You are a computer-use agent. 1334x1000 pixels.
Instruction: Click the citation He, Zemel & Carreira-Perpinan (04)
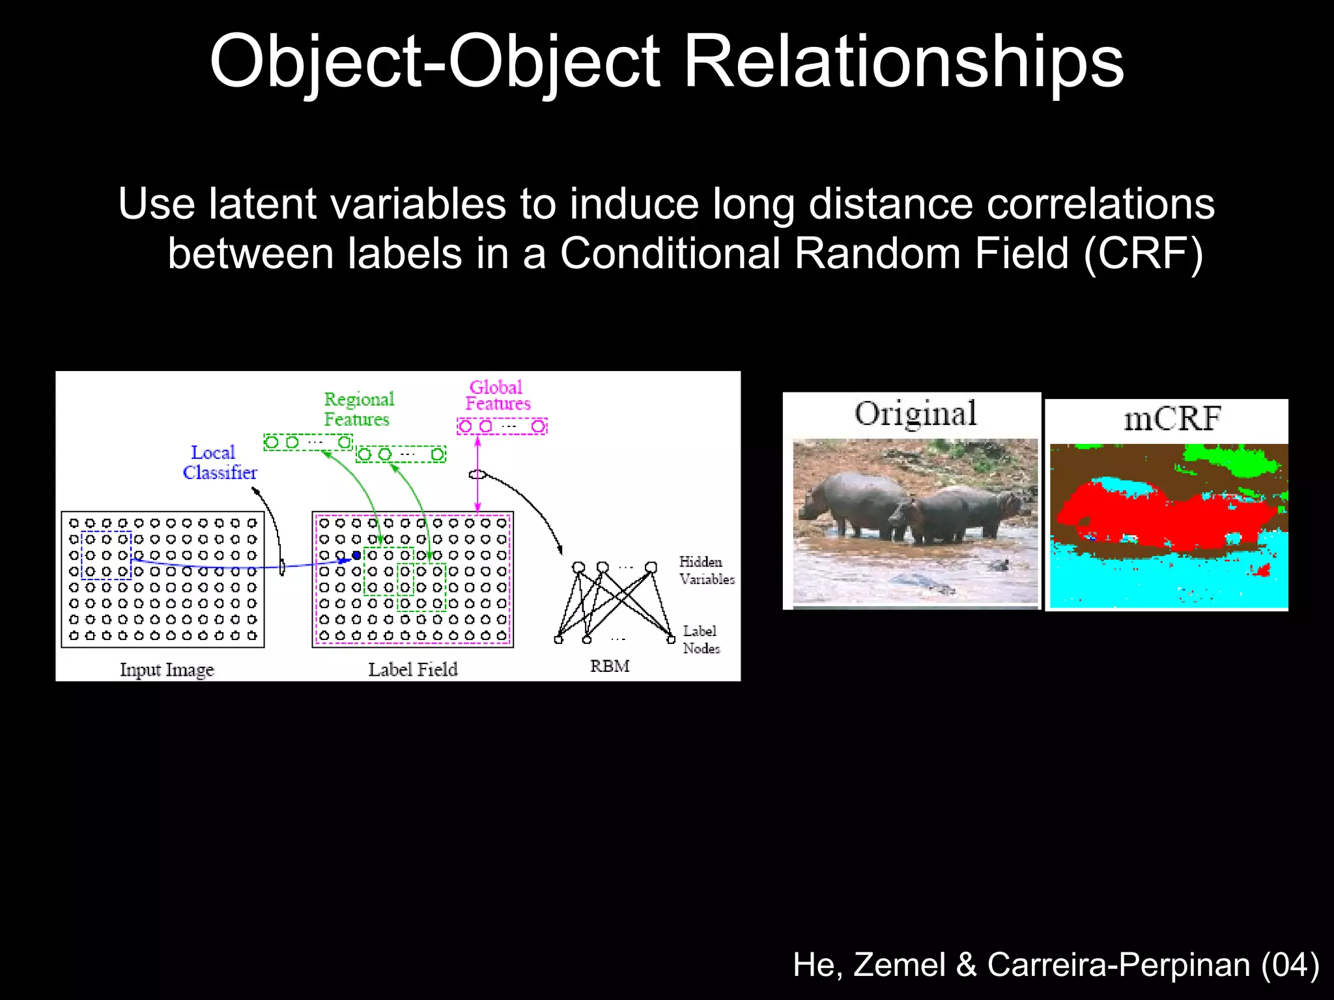(1056, 964)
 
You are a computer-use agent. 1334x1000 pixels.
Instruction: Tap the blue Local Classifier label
(219, 462)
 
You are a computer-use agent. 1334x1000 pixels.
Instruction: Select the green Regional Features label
(358, 409)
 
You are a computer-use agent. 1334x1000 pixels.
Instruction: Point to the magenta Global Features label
(498, 395)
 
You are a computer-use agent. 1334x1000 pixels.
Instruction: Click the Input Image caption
(167, 669)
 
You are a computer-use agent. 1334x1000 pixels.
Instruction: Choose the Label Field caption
(412, 669)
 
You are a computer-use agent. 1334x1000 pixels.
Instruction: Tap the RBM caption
(610, 666)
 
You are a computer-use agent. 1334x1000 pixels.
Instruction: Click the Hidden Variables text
(706, 570)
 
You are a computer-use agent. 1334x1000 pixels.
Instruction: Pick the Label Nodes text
(701, 639)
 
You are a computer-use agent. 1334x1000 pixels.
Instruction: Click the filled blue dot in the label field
(356, 555)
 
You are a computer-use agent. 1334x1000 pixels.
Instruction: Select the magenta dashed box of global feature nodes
(502, 426)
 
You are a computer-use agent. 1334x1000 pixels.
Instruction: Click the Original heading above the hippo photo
(915, 414)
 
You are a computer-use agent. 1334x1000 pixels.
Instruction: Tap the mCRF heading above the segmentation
(1172, 418)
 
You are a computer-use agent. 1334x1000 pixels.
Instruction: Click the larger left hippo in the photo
(853, 501)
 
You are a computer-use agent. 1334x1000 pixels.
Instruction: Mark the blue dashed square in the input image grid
(106, 555)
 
